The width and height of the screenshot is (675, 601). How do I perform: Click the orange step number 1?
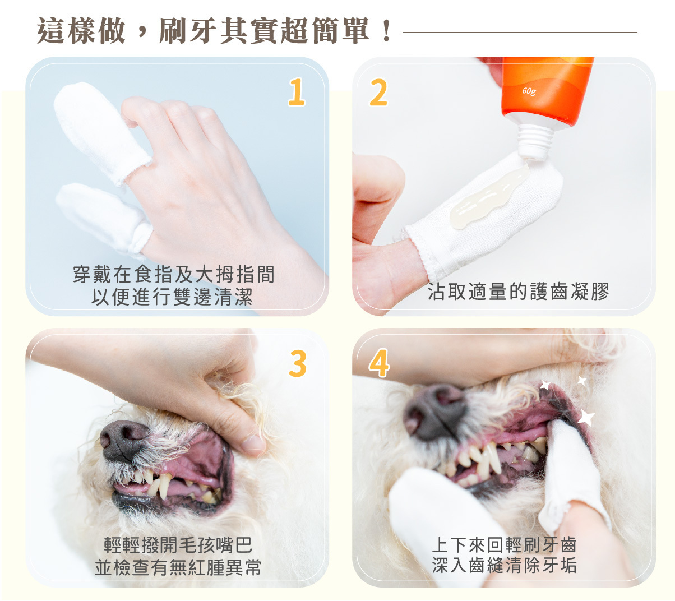coord(296,92)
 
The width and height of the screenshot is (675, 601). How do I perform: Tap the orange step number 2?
coord(378,93)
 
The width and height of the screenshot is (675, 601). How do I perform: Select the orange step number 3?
coord(298,363)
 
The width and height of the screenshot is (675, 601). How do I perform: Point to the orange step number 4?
coord(379,363)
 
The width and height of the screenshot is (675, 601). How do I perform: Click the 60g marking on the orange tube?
coord(529,91)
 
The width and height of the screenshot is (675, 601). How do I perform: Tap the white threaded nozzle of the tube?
coord(535,142)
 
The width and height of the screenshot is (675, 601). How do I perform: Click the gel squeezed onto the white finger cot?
coord(488,197)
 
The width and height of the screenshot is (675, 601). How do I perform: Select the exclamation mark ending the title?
coord(386,31)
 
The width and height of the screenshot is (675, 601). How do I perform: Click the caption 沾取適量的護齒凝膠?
coord(519,292)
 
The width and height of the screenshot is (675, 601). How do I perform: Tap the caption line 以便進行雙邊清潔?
coord(172,296)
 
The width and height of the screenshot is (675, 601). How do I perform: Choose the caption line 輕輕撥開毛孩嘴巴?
coord(178,545)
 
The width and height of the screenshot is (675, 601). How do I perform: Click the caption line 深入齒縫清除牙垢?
coord(504,565)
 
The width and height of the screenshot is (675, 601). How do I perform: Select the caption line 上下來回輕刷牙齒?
coord(504,545)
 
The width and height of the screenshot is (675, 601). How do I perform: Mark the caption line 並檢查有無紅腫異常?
coord(178,567)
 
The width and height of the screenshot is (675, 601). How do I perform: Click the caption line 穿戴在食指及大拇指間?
coord(174,275)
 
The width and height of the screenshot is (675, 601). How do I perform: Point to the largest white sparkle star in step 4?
coord(586,418)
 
